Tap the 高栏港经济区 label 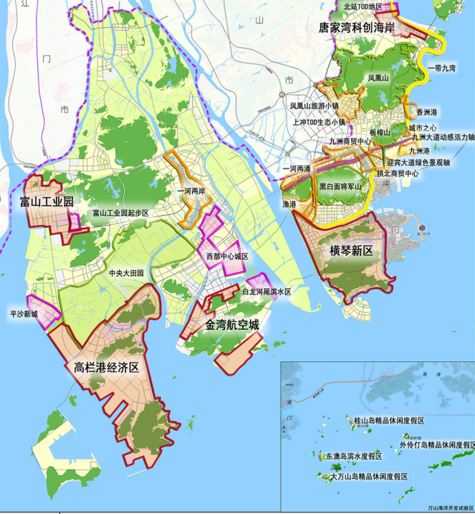pos(107,367)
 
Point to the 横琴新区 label pos(350,251)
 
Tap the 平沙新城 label pos(24,314)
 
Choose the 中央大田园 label pos(126,273)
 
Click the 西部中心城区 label pos(227,256)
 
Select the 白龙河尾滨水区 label pos(266,292)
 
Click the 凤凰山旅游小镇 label pos(314,106)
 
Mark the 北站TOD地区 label pos(363,7)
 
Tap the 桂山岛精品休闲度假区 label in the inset pos(392,420)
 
